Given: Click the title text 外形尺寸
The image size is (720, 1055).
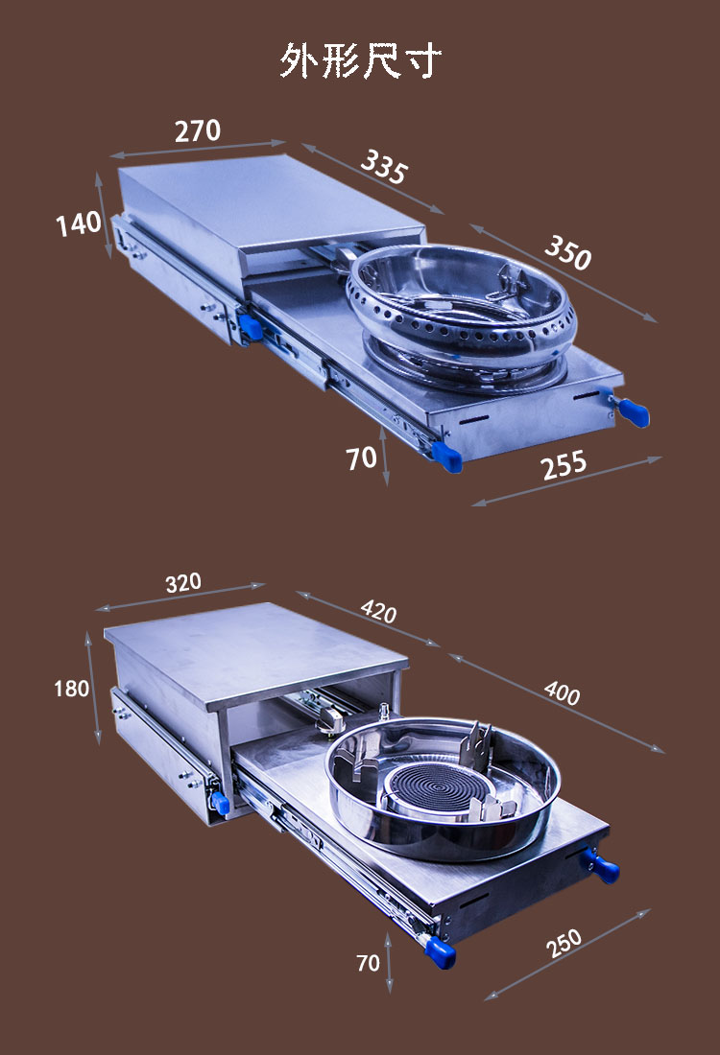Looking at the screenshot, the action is coord(360,60).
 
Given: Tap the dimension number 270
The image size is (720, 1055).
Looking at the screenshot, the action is coord(198,130).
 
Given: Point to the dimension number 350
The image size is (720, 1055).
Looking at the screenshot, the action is coord(568,252).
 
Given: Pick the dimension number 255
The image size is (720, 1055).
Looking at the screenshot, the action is coord(564,464).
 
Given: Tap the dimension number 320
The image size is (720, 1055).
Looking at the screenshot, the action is coord(183,582).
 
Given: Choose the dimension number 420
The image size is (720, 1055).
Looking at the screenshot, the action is coord(378,611).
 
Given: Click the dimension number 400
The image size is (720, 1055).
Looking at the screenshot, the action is coord(562,692).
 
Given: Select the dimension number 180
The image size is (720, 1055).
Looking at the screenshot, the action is coord(71,689).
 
